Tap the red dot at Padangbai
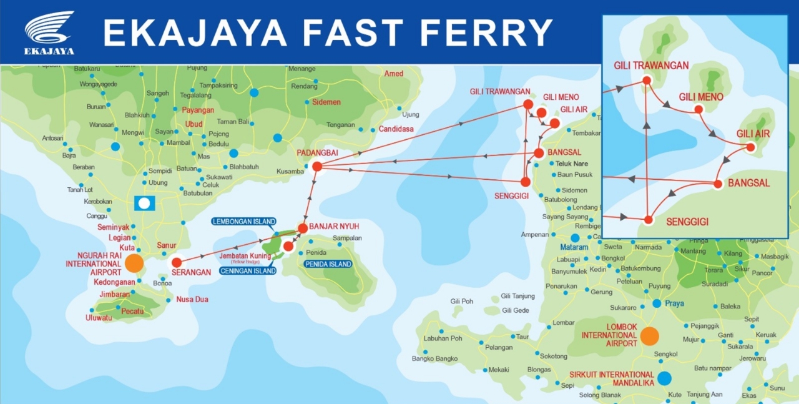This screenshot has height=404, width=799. tap(316, 166)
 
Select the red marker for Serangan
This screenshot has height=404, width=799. tap(177, 262)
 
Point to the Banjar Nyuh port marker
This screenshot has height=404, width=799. tap(303, 228)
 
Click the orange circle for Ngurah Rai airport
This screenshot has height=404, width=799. tap(134, 263)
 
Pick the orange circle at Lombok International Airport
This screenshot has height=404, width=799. tap(649, 336)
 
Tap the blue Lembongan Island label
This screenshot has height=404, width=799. tap(243, 222)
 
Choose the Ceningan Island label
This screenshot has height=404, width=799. tap(248, 271)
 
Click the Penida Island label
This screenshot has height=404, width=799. tap(328, 264)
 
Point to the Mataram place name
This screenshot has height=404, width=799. tap(574, 247)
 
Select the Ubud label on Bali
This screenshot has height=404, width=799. tap(194, 124)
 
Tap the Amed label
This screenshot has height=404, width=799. tap(393, 74)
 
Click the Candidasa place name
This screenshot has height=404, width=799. tap(395, 129)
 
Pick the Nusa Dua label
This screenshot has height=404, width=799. tap(192, 300)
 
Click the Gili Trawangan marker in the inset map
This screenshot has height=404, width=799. tap(647, 80)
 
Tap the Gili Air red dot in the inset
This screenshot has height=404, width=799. tap(750, 147)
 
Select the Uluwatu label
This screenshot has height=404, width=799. tap(99, 318)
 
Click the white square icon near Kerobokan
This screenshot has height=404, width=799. tap(144, 203)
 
